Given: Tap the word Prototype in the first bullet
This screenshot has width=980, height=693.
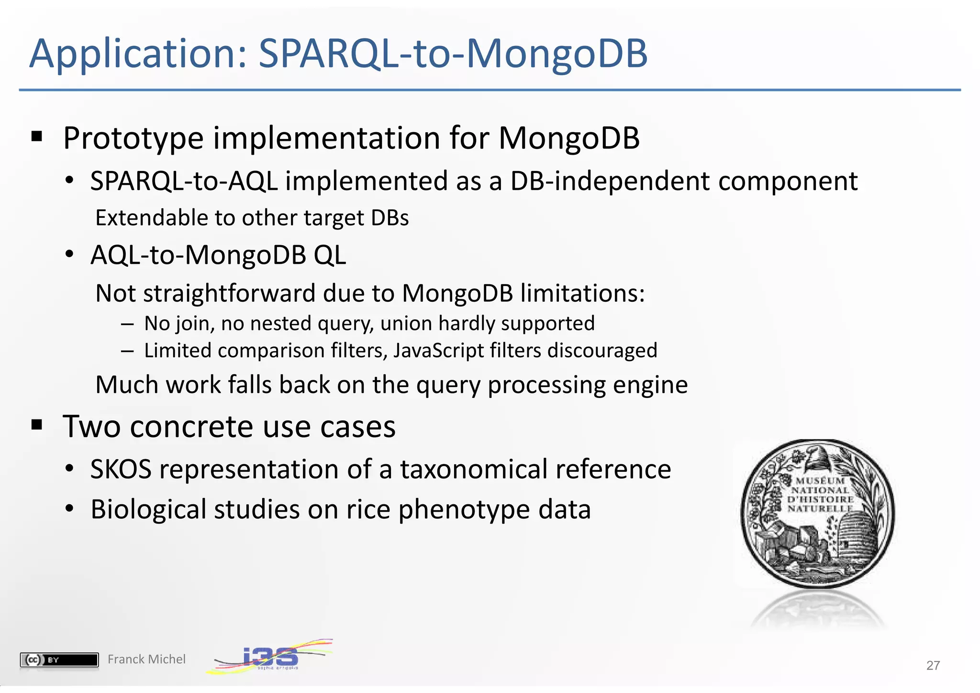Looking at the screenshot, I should coord(134,139).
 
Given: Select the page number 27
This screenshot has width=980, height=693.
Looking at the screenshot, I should coord(933,665).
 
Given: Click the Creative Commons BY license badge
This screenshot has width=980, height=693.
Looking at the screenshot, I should coord(59,660).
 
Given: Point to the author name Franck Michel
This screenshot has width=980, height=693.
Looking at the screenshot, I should coord(146,659).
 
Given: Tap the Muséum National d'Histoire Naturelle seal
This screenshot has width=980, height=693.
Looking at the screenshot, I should coord(817,513).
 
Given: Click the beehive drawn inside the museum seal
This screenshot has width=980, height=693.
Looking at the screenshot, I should coord(860,535).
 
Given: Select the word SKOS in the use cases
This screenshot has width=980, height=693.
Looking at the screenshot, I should coord(121,469).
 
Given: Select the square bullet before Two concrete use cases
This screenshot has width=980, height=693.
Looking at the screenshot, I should coord(37,425).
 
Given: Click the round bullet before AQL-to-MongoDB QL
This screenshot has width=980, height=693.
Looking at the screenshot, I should coord(70,254).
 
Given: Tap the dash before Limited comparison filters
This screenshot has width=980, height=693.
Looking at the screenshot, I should coord(127,351).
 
